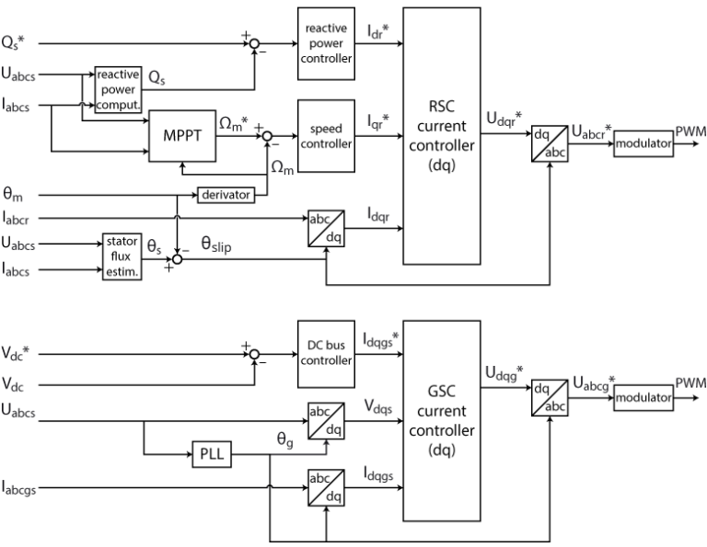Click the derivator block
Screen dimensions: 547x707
tap(224, 196)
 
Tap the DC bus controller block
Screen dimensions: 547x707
tap(326, 353)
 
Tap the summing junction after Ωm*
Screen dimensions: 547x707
tap(267, 137)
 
